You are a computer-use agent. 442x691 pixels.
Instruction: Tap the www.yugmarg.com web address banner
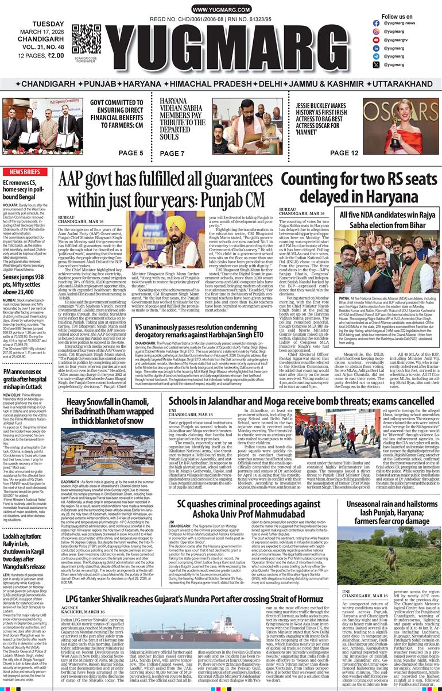[x=220, y=10]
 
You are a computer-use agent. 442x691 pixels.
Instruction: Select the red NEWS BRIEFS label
[x=24, y=172]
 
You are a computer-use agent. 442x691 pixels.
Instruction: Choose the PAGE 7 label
[x=172, y=153]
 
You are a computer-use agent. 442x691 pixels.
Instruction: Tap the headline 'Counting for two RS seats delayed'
[x=358, y=188]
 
